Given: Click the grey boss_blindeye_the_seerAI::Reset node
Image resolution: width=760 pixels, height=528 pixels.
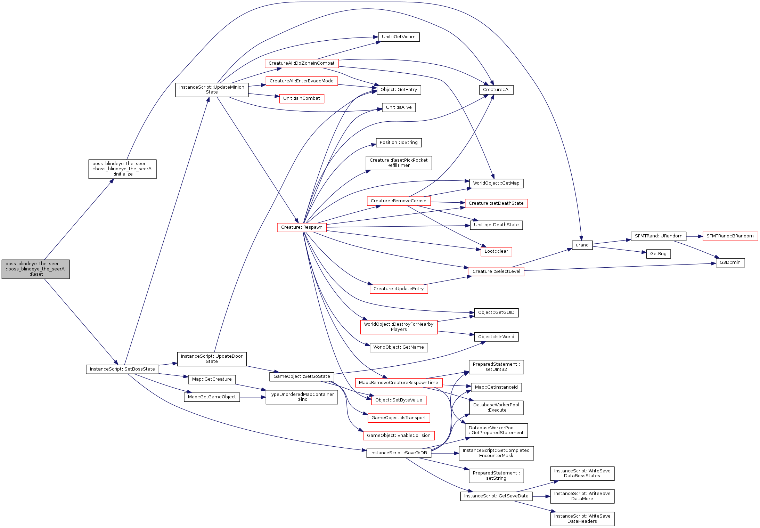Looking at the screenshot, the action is (x=35, y=269).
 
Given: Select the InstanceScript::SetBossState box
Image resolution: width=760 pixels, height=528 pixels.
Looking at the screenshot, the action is (x=122, y=369).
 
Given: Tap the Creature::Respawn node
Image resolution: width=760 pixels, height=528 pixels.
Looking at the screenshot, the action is (x=302, y=227).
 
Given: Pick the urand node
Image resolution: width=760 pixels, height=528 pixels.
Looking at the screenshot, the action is (x=582, y=245).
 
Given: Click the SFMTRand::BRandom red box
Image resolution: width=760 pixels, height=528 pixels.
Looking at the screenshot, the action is (x=730, y=236).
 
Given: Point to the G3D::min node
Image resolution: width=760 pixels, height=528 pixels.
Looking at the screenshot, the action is (x=730, y=262).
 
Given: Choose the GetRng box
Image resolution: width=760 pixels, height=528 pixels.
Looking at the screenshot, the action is (x=658, y=254).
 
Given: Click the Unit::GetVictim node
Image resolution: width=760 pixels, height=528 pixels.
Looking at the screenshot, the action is (x=399, y=37).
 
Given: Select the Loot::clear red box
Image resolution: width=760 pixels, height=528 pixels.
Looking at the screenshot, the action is (x=496, y=251).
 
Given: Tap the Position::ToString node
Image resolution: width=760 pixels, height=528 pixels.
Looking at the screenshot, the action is (x=399, y=143).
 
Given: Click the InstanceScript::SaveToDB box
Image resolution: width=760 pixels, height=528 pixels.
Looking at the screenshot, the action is (x=399, y=453).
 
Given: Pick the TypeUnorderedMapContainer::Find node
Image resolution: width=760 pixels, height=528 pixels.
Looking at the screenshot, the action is (x=302, y=397).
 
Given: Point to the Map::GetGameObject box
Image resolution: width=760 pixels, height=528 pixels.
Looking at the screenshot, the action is (x=212, y=397).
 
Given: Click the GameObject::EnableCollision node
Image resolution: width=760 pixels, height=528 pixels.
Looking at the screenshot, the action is (x=399, y=436).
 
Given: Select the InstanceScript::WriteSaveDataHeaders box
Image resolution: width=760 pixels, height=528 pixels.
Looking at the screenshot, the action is (x=582, y=519).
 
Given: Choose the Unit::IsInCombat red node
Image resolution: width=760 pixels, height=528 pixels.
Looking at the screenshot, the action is (x=302, y=98).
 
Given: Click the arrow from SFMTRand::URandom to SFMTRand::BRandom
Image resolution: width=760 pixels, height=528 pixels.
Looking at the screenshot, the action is (x=694, y=236).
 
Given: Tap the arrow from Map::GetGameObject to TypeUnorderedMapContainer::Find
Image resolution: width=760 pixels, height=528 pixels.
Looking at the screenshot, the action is (x=253, y=397).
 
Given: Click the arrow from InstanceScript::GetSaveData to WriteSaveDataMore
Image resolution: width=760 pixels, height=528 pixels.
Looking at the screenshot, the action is (x=541, y=496).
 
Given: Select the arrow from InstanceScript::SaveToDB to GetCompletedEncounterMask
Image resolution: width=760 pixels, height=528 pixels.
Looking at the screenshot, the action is (x=445, y=453).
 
